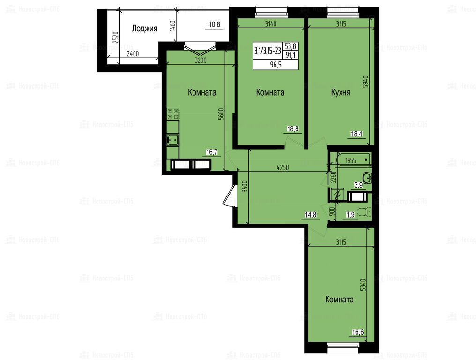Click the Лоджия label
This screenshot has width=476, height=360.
point(144,29)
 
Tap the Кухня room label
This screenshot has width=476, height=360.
point(340,92)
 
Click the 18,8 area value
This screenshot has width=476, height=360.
point(293,129)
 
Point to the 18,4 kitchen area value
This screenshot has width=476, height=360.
point(357,134)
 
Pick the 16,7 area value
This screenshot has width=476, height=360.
point(212,152)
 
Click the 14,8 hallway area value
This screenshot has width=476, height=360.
point(311,215)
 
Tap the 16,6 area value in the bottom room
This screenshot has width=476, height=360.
point(358,332)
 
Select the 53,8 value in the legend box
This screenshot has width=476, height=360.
point(290,46)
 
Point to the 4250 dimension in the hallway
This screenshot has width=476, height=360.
point(283,167)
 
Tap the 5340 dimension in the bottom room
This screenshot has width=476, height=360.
point(364,285)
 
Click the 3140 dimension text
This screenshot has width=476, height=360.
point(271,24)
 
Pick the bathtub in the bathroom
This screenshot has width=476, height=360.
point(353,159)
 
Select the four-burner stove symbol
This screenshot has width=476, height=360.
point(173,114)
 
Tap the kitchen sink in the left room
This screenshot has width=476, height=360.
point(173,140)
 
